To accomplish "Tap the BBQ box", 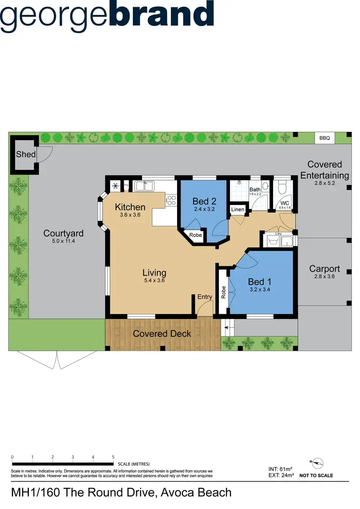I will pyautogui.click(x=324, y=138).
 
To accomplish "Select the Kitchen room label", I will pyautogui.click(x=130, y=207).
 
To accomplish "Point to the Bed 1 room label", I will pyautogui.click(x=260, y=282).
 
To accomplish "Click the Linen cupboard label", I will pyautogui.click(x=238, y=210).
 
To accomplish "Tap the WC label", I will pyautogui.click(x=285, y=203).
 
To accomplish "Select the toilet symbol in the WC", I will pyautogui.click(x=283, y=186).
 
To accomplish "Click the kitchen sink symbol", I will pyautogui.click(x=143, y=186).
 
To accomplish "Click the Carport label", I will pyautogui.click(x=324, y=269).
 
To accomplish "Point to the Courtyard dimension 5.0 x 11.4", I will pyautogui.click(x=63, y=241).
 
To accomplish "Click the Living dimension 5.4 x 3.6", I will pyautogui.click(x=154, y=281).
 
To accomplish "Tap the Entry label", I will pyautogui.click(x=204, y=297).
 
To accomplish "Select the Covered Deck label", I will pyautogui.click(x=162, y=333).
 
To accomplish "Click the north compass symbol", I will pyautogui.click(x=316, y=463).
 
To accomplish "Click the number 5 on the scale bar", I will pyautogui.click(x=113, y=457).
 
